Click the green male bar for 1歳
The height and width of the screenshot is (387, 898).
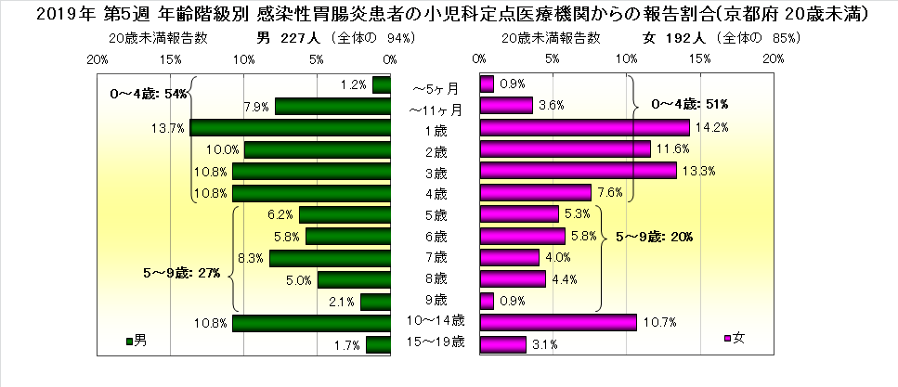(x=289, y=128)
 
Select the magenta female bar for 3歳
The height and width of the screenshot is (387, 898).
(x=578, y=171)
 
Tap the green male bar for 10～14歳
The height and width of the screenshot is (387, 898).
(x=310, y=323)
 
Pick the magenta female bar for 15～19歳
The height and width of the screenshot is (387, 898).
(x=502, y=344)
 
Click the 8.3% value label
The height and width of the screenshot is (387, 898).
(x=248, y=258)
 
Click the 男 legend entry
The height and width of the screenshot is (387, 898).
(x=137, y=340)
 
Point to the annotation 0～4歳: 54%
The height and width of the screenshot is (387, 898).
(x=150, y=94)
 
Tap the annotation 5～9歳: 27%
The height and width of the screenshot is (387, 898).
(x=181, y=274)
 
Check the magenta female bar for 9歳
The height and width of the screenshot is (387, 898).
(x=486, y=301)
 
